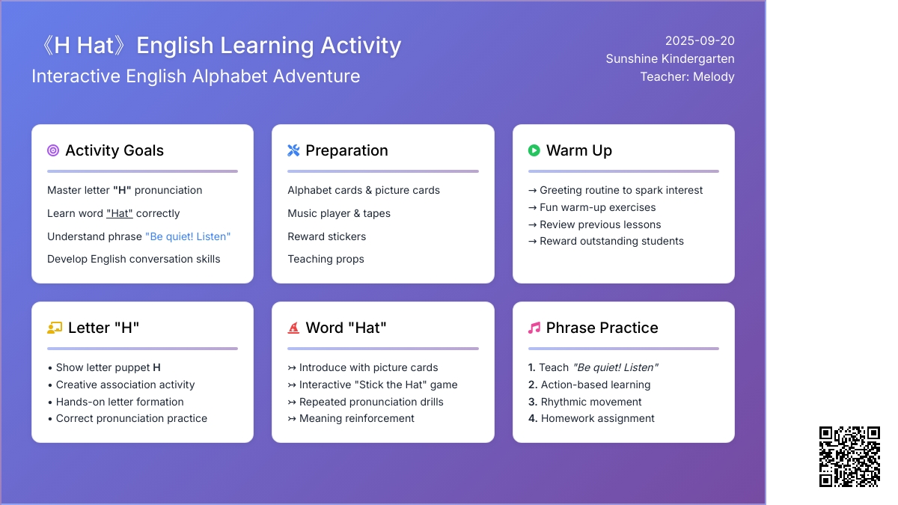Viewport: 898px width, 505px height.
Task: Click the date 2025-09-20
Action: [x=700, y=41]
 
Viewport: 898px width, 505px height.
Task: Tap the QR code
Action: [x=849, y=456]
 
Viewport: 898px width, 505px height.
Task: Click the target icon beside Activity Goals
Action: [x=53, y=150]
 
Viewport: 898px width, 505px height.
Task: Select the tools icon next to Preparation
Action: [x=293, y=150]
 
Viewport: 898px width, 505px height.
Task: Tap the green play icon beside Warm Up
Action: [x=534, y=150]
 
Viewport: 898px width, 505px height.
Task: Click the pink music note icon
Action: [x=534, y=328]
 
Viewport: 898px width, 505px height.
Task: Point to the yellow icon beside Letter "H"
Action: [x=55, y=328]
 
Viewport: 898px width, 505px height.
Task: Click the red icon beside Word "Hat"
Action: [x=293, y=328]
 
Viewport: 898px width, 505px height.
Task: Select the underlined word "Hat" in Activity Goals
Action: [x=120, y=213]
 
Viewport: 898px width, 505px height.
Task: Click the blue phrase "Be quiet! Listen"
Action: [x=188, y=236]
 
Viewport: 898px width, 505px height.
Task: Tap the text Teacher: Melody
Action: [x=687, y=76]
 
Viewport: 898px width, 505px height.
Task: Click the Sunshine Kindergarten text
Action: [x=670, y=59]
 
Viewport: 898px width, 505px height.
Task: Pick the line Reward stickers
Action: [x=327, y=236]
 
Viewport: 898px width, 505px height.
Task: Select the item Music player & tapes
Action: [x=339, y=213]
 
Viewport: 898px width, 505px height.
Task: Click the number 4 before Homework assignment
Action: [x=532, y=418]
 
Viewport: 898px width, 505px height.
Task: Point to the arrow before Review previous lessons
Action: [x=532, y=225]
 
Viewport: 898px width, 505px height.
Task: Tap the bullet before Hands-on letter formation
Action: [x=50, y=402]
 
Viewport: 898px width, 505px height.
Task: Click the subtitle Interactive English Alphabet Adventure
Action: [x=195, y=76]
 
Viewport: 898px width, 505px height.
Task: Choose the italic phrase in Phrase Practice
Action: [x=616, y=367]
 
